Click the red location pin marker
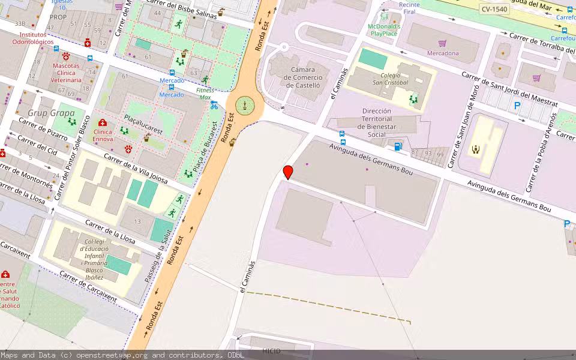(288, 172)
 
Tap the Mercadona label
(443, 53)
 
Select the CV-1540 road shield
(494, 9)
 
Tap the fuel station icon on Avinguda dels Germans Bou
(397, 146)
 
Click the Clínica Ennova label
(103, 135)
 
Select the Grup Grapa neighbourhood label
(51, 112)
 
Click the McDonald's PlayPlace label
(384, 30)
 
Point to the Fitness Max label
(205, 93)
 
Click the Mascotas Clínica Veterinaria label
(66, 73)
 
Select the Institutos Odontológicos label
(32, 38)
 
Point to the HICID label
(271, 350)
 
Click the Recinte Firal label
(409, 8)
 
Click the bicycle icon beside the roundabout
(214, 106)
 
